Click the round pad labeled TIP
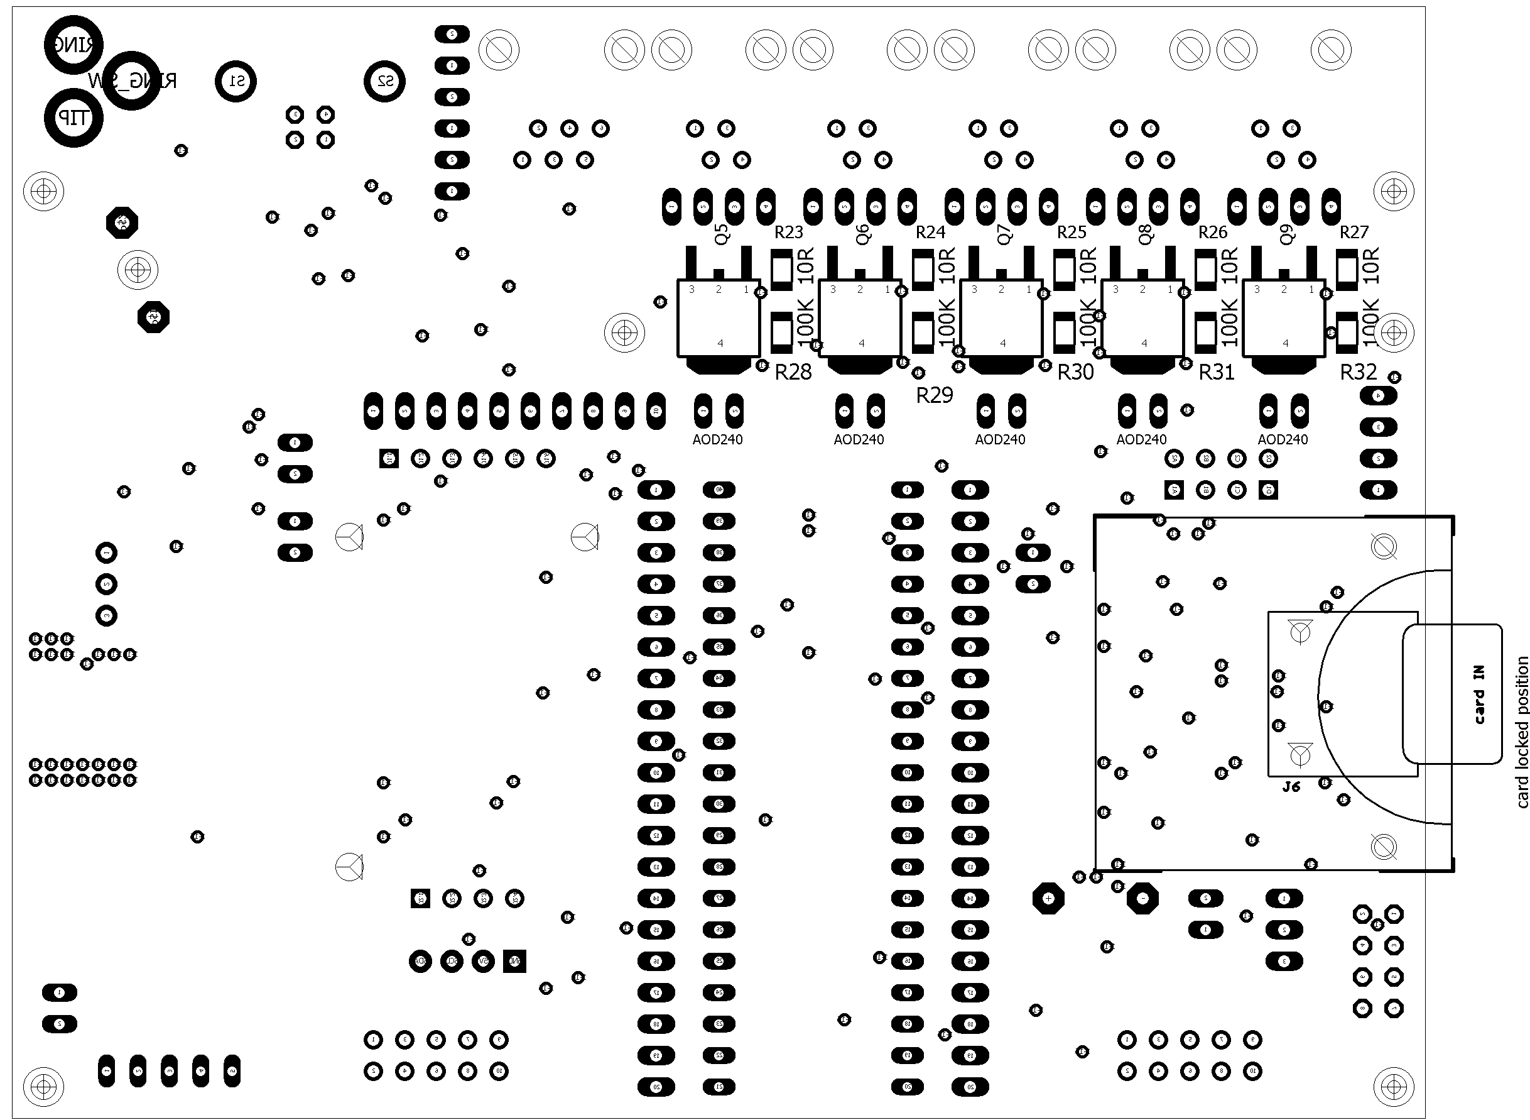coord(73,118)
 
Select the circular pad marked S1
coord(236,81)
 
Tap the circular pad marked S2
coord(385,81)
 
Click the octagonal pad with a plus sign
coord(1048,898)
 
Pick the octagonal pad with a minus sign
coord(1142,898)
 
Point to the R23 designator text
coord(789,233)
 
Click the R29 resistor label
coord(935,395)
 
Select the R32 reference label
coord(1359,372)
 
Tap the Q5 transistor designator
coord(722,234)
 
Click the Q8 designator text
coord(1146,234)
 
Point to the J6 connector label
coord(1291,786)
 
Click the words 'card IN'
coord(1478,695)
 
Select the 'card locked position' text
coord(1522,732)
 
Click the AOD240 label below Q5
coord(717,439)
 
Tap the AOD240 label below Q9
coord(1283,439)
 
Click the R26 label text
coord(1213,233)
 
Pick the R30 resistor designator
coord(1075,372)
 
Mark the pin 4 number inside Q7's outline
coord(1003,343)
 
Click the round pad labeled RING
coord(73,45)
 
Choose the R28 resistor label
coord(793,372)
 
